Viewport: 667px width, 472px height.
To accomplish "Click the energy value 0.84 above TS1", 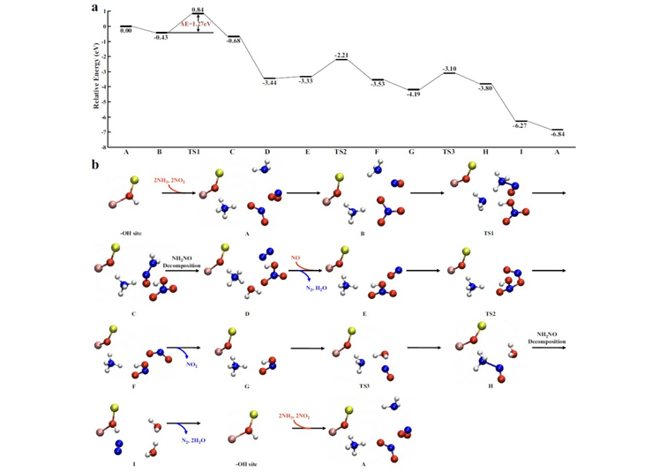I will (198, 9).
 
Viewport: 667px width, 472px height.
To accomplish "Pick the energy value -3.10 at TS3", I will (450, 68).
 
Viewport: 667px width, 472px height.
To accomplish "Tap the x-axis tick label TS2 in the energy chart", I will (341, 152).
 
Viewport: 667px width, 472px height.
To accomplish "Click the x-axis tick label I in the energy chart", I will (521, 152).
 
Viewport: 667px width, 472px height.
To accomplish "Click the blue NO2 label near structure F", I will (191, 361).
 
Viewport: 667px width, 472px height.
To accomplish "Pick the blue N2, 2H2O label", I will (184, 438).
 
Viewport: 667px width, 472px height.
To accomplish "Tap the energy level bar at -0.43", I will (161, 32).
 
